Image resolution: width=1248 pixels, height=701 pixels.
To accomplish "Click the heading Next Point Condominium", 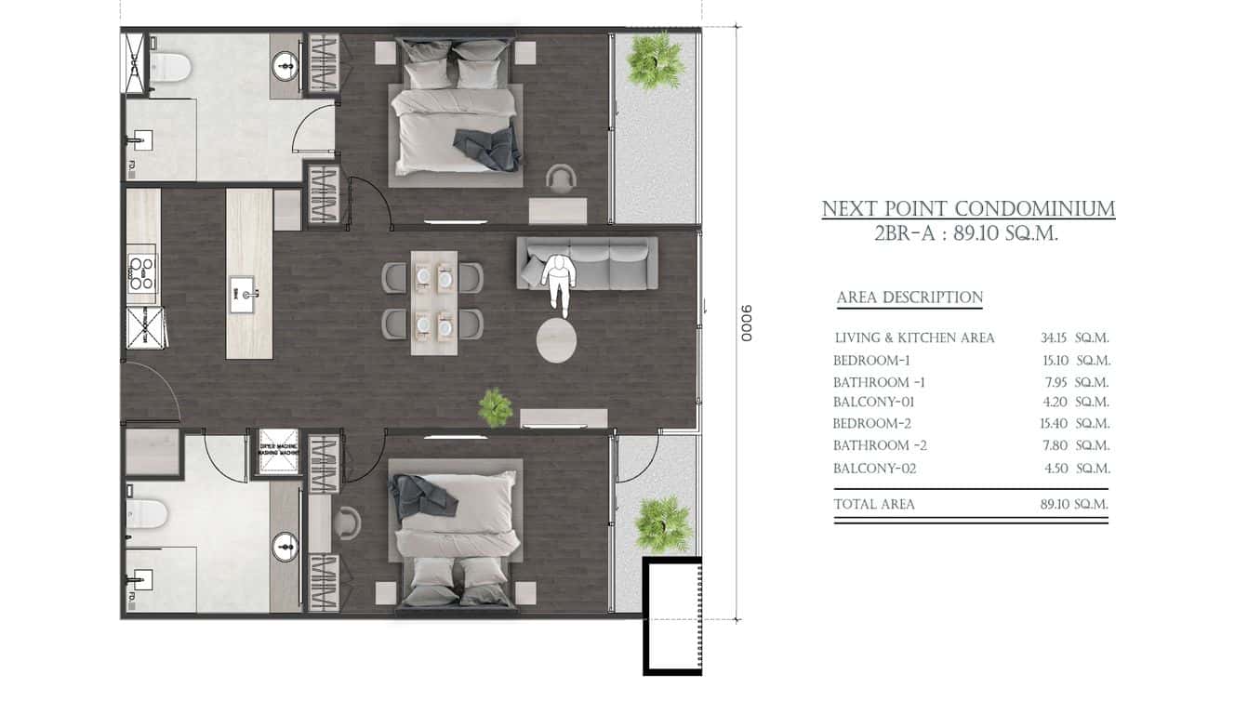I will pos(968,208).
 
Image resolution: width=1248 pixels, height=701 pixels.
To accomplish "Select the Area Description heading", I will pos(909,298).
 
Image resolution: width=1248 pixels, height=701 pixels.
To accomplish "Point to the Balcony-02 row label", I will pos(874,469).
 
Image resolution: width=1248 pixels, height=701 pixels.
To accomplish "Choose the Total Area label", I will pos(873,504).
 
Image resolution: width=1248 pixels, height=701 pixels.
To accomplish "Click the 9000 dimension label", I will pos(746,323).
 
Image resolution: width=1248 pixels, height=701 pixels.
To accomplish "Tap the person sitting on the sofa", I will pos(556,281).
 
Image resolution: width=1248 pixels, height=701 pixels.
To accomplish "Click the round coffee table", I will pos(556,339).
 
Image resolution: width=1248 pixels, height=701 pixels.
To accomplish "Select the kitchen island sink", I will pos(247,295).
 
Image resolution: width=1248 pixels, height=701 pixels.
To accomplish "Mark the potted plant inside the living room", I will pos(495,406).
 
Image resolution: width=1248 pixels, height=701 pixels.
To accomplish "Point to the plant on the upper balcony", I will pos(655,61).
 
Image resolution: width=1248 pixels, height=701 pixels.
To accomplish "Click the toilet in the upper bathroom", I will pos(170,66).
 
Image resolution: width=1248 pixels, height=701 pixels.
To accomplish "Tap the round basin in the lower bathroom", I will pos(285,547).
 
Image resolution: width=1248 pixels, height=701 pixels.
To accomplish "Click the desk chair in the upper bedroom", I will pos(561,178).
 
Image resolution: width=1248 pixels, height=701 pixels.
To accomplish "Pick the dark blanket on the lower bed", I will pos(424,496).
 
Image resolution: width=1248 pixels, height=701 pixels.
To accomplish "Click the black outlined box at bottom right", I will pos(671,615).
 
